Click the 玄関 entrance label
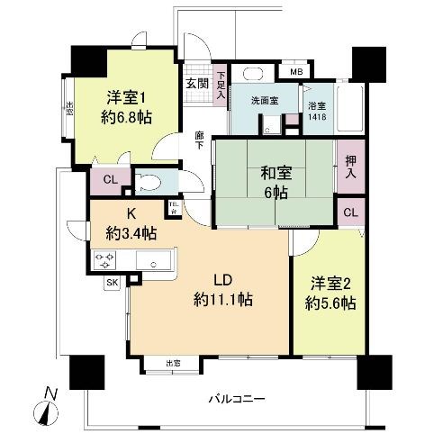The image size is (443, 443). point(196,83)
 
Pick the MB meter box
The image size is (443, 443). point(297,71)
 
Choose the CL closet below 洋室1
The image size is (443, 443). point(109,180)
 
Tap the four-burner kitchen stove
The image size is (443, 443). point(104,261)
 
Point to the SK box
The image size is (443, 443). point(113,282)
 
